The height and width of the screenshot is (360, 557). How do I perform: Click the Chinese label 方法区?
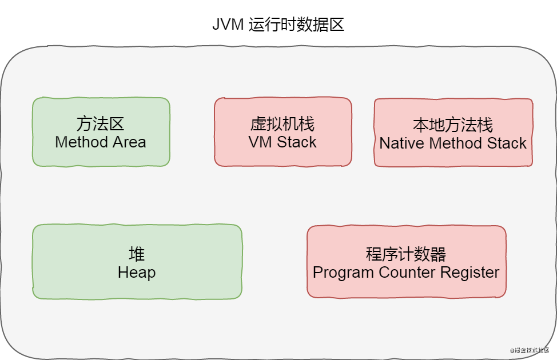point(101,123)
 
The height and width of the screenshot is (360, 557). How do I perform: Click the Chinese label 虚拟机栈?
point(283,124)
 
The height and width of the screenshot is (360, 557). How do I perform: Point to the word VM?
point(260,142)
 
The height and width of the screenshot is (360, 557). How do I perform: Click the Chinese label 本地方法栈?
point(453,125)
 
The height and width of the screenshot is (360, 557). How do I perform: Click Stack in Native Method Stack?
point(507,143)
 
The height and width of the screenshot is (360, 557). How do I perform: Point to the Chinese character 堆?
point(137,254)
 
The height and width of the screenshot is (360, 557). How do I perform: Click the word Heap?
point(137,273)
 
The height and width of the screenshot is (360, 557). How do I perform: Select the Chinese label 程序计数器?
point(406,254)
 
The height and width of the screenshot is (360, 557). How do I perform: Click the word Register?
point(470,273)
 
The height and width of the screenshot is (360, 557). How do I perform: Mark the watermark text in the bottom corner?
point(530,349)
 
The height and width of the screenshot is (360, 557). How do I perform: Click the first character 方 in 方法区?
point(85,123)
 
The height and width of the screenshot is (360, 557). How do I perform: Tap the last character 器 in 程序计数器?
point(438,254)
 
